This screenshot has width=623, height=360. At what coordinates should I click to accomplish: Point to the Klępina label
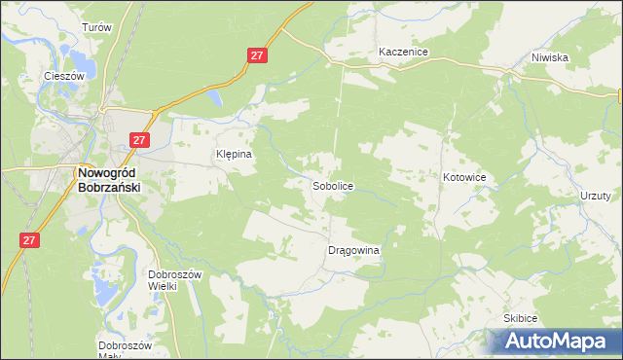[234, 154]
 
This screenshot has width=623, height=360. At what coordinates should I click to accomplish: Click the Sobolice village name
[332, 185]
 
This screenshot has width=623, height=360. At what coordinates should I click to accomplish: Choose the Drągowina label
[352, 250]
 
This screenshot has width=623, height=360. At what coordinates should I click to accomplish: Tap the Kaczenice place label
[404, 52]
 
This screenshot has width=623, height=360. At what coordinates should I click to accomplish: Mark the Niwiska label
[550, 57]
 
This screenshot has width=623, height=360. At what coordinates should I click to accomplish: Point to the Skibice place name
[521, 318]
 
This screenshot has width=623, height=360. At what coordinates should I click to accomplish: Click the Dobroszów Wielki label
[174, 280]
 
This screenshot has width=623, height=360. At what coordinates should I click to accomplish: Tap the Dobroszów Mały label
[126, 350]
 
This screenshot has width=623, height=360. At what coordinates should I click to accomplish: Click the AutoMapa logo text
[555, 342]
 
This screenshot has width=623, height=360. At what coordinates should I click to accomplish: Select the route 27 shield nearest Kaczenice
[256, 57]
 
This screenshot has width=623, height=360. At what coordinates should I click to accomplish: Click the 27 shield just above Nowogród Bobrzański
[139, 140]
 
